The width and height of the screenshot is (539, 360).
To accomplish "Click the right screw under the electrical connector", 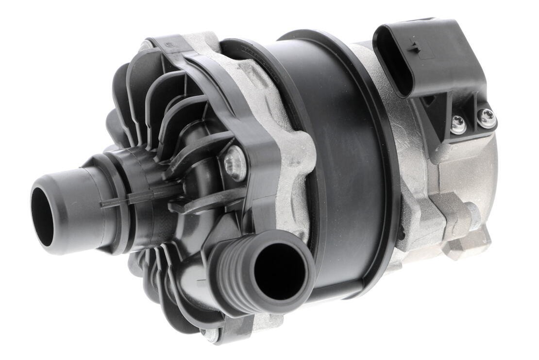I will click(x=487, y=117).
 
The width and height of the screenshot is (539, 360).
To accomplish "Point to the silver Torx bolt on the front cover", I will click(x=235, y=163).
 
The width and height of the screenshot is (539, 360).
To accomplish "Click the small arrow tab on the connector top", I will click(x=413, y=47).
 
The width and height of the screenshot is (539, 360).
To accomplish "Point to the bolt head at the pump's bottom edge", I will click(x=210, y=335).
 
